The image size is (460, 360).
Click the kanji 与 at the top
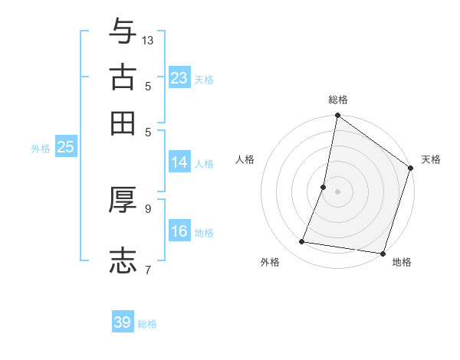pos(123,31)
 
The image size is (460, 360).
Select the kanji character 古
pos(123,77)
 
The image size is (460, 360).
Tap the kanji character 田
pos(123,123)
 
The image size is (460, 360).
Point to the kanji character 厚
pos(123,200)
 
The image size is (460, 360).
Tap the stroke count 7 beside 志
pos(148,269)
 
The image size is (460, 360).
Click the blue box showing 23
pos(179,78)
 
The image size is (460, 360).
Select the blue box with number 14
pos(179,162)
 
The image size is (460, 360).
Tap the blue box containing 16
pos(179,231)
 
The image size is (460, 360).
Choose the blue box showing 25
pos(65,147)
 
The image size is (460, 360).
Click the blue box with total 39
pos(123,322)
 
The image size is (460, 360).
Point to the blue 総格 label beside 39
pos(147,324)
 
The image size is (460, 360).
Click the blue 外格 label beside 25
pos(40,149)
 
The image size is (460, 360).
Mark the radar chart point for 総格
pos(337,116)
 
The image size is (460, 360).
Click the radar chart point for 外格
pos(302,242)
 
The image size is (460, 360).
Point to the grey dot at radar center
pos(337,191)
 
